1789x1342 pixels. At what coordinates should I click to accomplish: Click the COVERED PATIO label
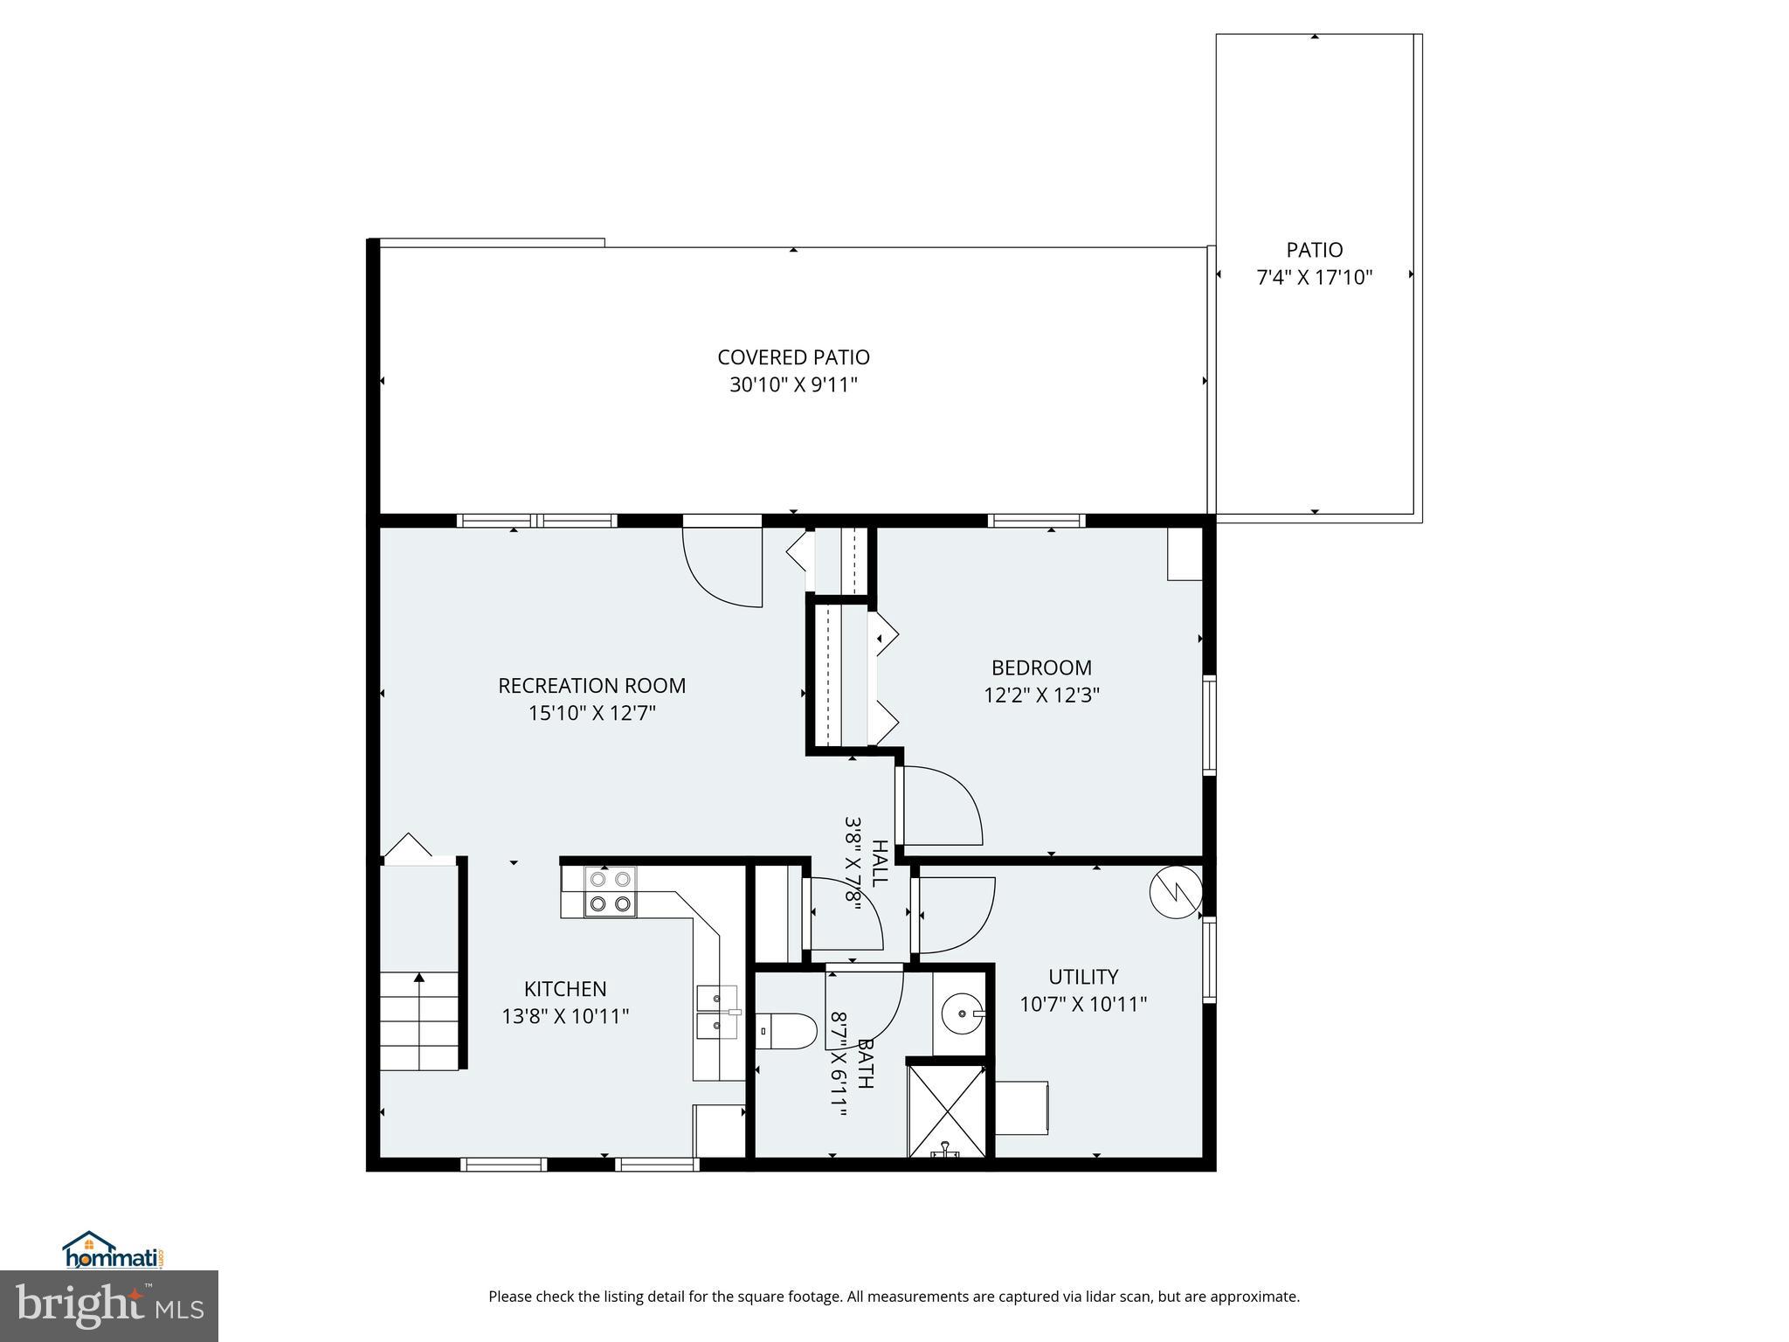pyautogui.click(x=793, y=357)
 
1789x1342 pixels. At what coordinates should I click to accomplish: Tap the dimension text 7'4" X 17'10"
pyautogui.click(x=1314, y=278)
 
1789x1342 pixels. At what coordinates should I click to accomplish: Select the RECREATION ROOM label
pyautogui.click(x=591, y=686)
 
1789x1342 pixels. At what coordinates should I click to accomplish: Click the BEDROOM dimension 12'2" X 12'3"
pyautogui.click(x=1040, y=695)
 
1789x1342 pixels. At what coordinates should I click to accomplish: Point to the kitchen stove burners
pyautogui.click(x=610, y=891)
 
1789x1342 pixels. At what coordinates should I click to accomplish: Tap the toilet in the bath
pyautogui.click(x=784, y=1031)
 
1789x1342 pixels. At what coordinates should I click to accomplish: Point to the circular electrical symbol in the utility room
pyautogui.click(x=1176, y=892)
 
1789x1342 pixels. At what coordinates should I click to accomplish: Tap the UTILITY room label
pyautogui.click(x=1083, y=977)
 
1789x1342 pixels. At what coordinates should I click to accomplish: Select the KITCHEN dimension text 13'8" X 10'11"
pyautogui.click(x=565, y=1016)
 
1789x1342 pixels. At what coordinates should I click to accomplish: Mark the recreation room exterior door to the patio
pyautogui.click(x=722, y=564)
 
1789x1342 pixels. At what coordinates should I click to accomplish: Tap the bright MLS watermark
pyautogui.click(x=108, y=1305)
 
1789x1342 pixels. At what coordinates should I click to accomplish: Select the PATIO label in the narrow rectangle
pyautogui.click(x=1314, y=250)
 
